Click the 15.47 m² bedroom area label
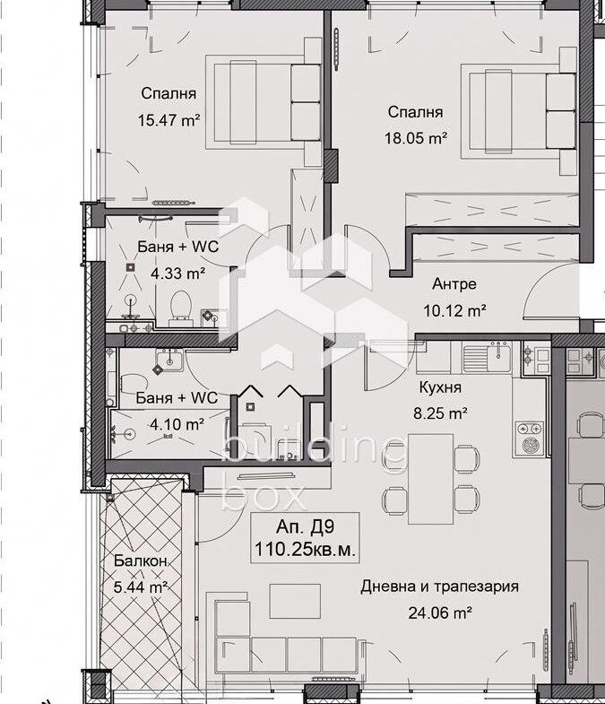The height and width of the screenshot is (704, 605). point(169,120)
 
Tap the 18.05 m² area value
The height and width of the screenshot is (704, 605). point(416,138)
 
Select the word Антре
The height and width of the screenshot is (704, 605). point(454,283)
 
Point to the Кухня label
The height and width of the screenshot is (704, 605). point(440,387)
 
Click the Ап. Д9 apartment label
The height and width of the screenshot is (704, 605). point(305,526)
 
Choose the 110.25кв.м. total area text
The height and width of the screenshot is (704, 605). point(305,549)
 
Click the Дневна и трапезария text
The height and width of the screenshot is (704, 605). point(439,587)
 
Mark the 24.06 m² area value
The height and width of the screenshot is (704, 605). point(439,613)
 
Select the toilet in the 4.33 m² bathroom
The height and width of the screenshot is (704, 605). point(181,308)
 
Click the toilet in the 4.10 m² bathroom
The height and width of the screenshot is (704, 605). point(134,385)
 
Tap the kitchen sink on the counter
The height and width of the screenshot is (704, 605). point(487,357)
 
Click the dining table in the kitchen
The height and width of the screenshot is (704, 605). point(430,479)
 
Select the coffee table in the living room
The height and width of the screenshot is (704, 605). point(295,601)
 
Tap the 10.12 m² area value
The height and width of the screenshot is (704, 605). point(454,310)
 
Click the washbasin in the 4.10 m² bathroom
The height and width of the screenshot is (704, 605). point(169,361)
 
